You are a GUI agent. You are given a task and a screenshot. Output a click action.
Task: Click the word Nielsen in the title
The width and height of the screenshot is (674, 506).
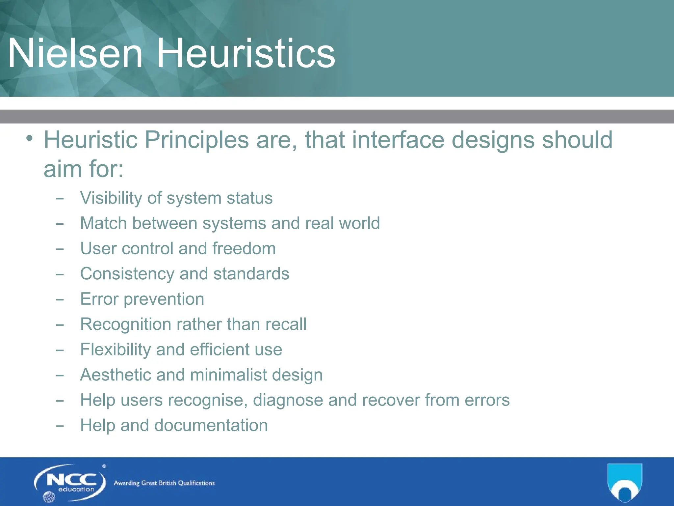click(x=75, y=53)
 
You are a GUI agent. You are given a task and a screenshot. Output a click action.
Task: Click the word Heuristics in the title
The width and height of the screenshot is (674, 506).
click(x=246, y=53)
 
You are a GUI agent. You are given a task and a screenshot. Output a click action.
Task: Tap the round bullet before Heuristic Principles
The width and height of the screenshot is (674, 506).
click(x=30, y=138)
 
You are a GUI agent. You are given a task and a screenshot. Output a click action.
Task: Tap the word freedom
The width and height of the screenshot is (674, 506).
click(x=244, y=248)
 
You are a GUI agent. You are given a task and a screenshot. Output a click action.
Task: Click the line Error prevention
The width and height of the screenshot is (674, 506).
click(x=142, y=299)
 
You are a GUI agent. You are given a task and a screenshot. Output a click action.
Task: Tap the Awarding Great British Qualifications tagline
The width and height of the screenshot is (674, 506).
click(x=164, y=483)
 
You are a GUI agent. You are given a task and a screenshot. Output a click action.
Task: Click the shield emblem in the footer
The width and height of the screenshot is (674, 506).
click(x=624, y=482)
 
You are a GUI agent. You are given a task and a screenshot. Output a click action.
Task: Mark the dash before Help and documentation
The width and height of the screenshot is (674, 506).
click(x=60, y=426)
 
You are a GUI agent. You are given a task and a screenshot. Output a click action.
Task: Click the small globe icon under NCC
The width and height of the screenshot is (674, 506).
click(x=49, y=497)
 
